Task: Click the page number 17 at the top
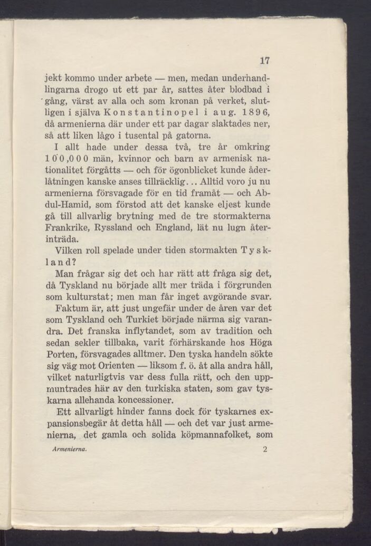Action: pyautogui.click(x=265, y=61)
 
